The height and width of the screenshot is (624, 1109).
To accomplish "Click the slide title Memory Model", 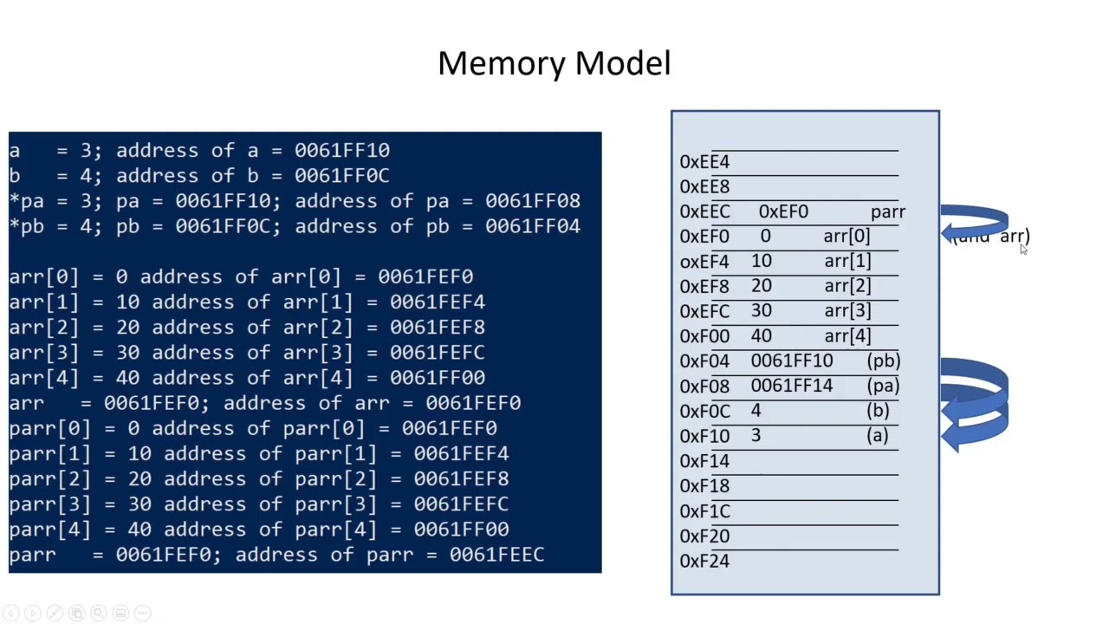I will click(x=554, y=63).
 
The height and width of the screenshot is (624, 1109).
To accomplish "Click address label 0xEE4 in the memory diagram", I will click(x=704, y=162).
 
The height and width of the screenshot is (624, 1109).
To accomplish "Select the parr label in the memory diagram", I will click(x=887, y=211).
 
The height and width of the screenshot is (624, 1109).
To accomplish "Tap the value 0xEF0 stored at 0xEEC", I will click(x=783, y=211).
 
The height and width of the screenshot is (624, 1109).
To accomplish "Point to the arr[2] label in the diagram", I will click(x=846, y=286).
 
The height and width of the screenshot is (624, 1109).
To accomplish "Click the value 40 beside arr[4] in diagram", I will click(x=762, y=336).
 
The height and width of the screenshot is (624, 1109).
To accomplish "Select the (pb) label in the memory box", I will click(x=883, y=361).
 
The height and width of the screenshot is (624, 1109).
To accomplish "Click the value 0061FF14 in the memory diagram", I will click(x=791, y=387).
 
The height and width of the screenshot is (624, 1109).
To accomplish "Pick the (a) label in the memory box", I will click(x=877, y=436).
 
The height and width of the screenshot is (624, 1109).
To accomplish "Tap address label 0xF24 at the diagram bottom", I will click(x=704, y=562).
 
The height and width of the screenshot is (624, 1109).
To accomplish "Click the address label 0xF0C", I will click(x=704, y=412).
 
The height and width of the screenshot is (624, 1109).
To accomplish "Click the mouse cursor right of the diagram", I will click(x=1023, y=250).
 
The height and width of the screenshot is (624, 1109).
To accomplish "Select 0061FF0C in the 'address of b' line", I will click(x=341, y=176).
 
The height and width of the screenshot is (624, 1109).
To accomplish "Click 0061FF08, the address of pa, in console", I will click(x=532, y=201).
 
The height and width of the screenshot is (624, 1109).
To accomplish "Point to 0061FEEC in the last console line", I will click(x=496, y=555).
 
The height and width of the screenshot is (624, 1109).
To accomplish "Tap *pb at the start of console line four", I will click(x=26, y=226).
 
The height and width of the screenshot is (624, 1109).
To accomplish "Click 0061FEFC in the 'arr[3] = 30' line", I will click(x=437, y=353).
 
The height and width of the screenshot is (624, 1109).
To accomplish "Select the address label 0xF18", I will click(x=704, y=486).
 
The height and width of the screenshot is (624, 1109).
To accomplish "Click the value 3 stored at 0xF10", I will click(x=756, y=436).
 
